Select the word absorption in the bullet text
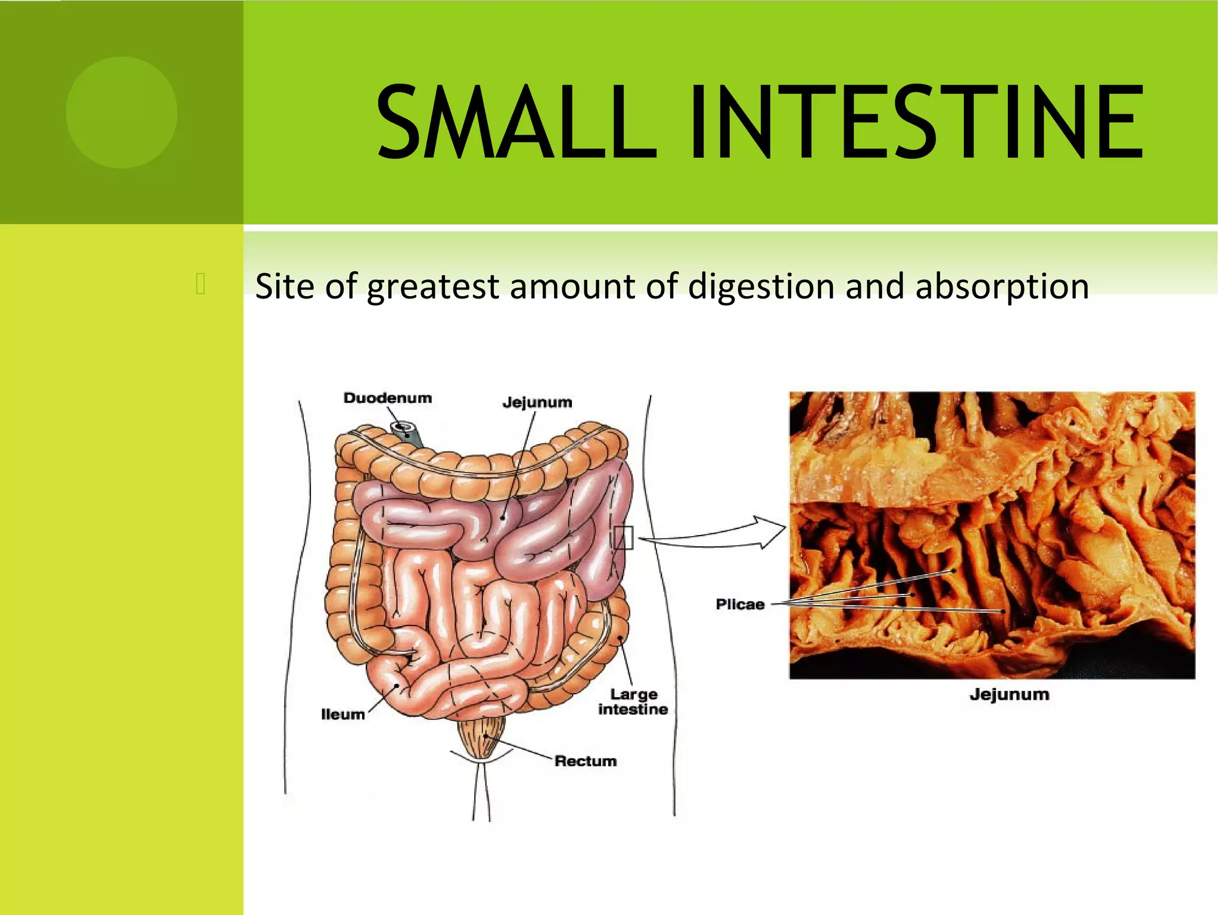click(x=1002, y=287)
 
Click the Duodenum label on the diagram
click(x=387, y=398)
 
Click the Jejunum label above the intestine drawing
click(x=537, y=402)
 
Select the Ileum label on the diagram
click(x=343, y=714)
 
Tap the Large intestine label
click(x=633, y=702)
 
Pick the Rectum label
click(x=586, y=761)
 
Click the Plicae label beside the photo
click(x=740, y=604)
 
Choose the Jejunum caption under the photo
click(x=1009, y=695)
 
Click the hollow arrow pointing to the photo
click(x=768, y=532)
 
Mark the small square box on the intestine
click(x=623, y=538)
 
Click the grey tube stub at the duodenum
click(x=409, y=434)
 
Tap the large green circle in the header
click(x=122, y=113)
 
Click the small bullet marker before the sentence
click(x=200, y=284)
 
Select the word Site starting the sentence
click(x=284, y=287)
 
